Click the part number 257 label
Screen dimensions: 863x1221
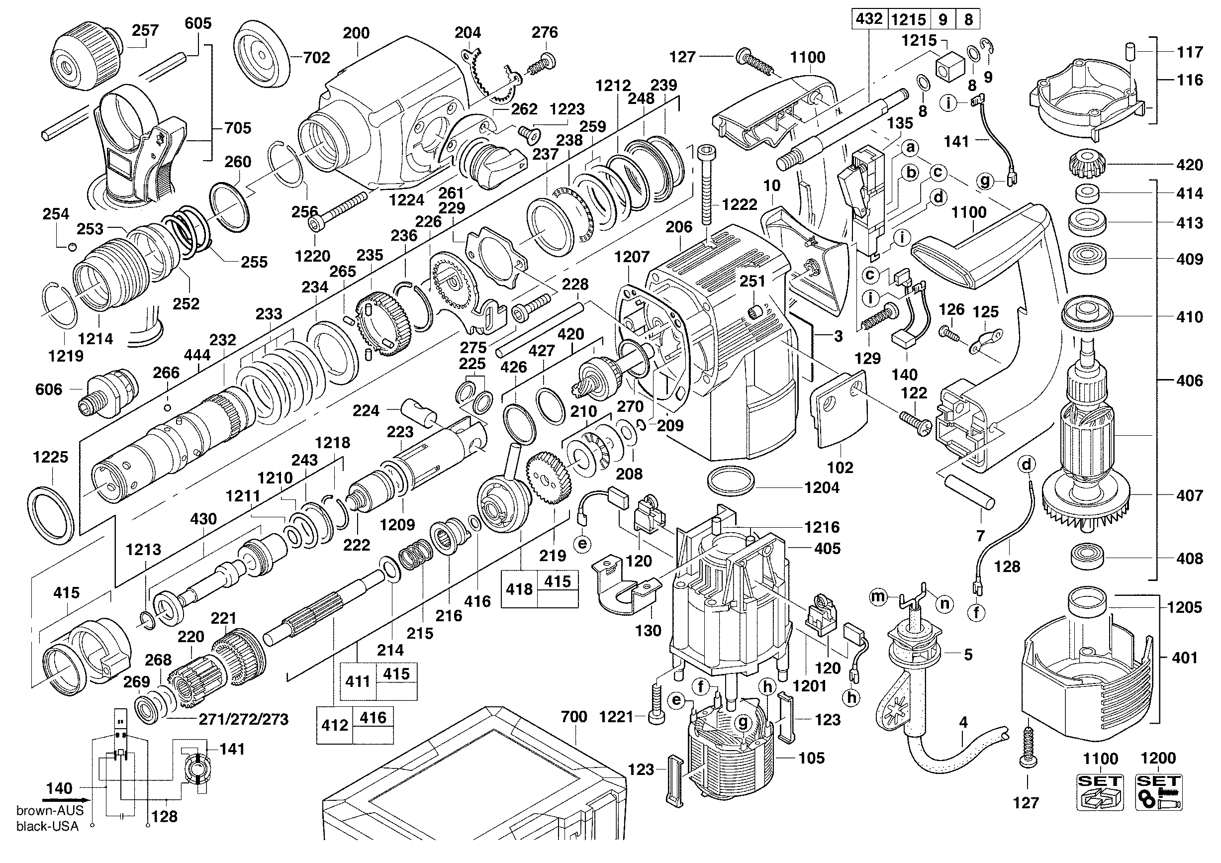(145, 30)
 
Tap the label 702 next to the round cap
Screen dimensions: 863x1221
(316, 57)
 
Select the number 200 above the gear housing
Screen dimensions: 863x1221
(356, 33)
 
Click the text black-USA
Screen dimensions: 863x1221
(47, 826)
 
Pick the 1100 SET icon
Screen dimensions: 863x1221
(1100, 791)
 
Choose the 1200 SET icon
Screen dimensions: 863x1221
(1158, 791)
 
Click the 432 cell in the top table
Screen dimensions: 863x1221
(868, 19)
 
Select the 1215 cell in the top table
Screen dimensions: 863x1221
(908, 20)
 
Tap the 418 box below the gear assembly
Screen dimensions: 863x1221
(519, 589)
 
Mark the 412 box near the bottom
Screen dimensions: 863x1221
(335, 725)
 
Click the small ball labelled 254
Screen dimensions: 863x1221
(72, 246)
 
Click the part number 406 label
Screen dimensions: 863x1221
(1190, 380)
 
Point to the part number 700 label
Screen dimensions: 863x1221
(574, 717)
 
